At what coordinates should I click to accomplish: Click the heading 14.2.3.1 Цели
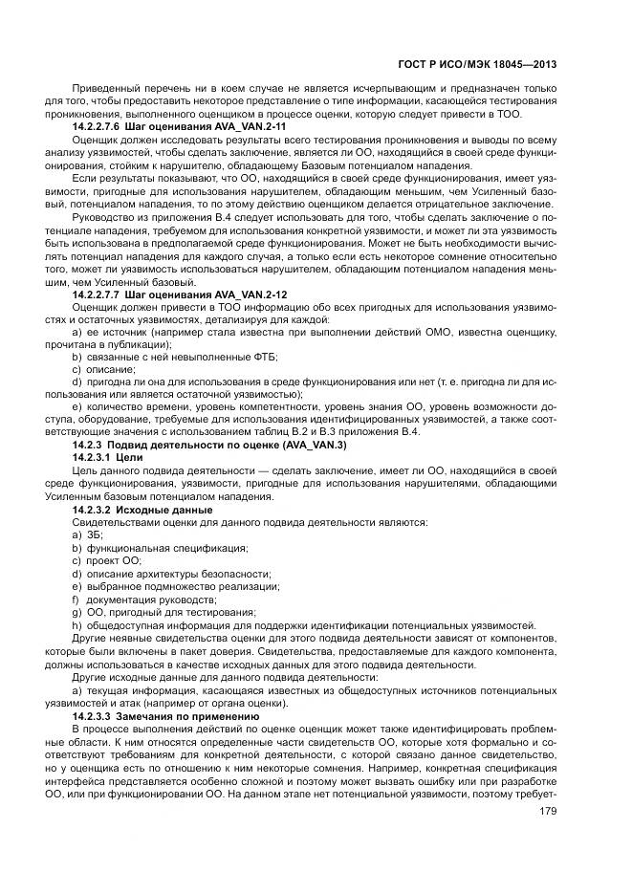[x=107, y=458]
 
